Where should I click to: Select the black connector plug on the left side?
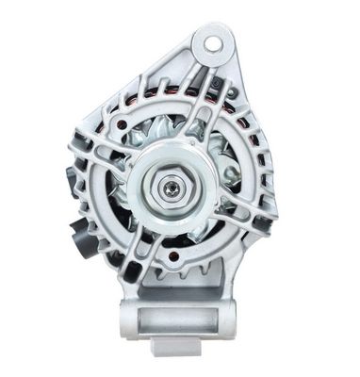point(80,231)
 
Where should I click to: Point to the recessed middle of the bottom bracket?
point(185,325)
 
